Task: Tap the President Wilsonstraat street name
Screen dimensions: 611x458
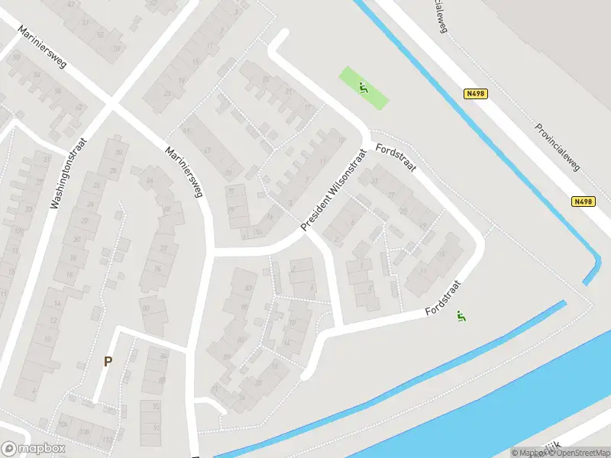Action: point(334,190)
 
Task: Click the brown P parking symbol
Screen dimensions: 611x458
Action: point(108,362)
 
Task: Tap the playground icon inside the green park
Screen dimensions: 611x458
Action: point(364,88)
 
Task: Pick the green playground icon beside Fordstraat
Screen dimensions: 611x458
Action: point(461,316)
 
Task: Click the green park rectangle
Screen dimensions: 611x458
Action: point(364,88)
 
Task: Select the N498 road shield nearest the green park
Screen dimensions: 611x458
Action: point(475,94)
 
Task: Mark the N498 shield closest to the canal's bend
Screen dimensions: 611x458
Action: point(583,202)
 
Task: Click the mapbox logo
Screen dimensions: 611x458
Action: point(34,449)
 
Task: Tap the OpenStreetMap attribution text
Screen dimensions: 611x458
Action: point(580,453)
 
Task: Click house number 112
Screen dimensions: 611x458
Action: point(106,442)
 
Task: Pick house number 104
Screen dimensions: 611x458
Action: point(63,425)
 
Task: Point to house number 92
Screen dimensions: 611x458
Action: point(157,407)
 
